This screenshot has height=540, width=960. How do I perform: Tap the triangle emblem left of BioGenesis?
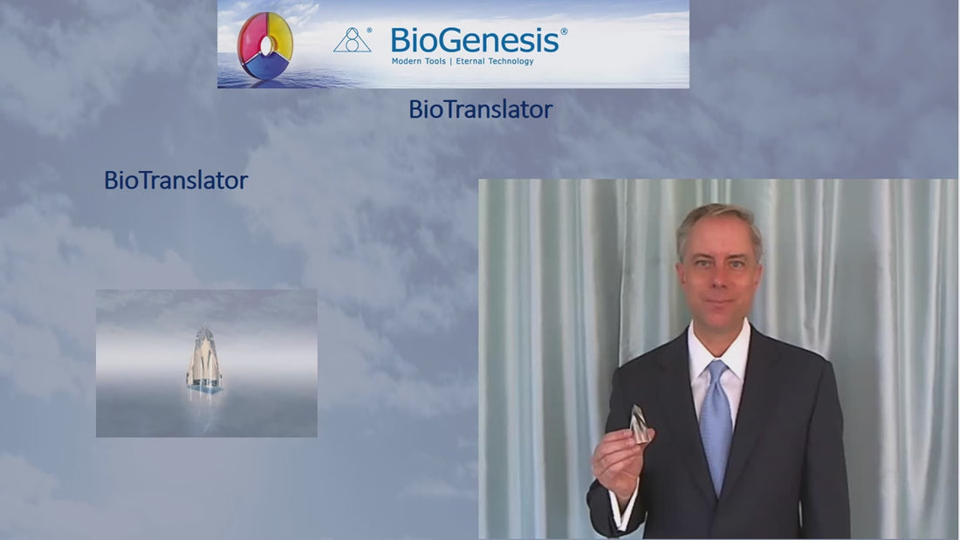tap(352, 41)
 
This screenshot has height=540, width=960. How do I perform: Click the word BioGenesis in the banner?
tap(475, 40)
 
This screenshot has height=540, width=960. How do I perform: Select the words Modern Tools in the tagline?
tap(418, 62)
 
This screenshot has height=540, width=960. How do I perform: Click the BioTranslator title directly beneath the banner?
tap(480, 110)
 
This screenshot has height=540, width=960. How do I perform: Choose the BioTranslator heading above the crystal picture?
tap(175, 181)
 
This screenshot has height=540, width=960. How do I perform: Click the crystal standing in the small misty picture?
tap(203, 359)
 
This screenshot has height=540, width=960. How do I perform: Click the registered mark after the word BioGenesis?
tap(564, 31)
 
